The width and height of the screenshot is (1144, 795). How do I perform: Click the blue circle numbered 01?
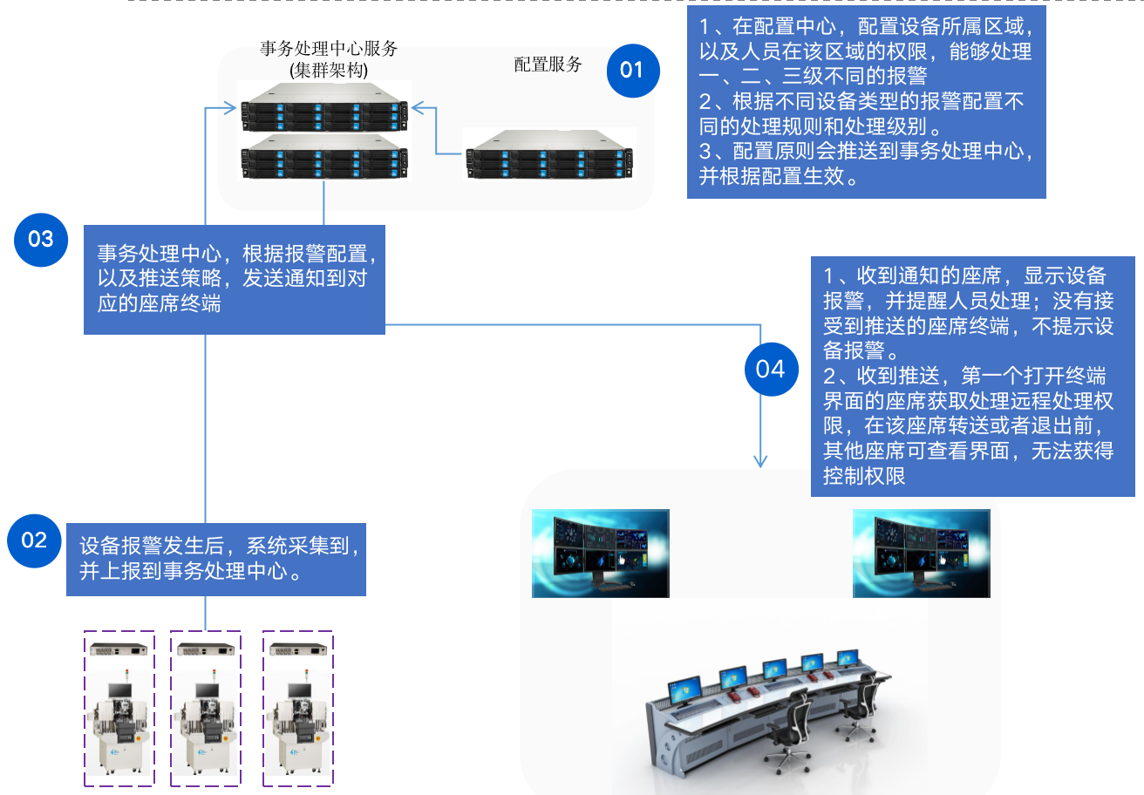tap(631, 69)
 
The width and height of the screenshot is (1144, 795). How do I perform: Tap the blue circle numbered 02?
tap(34, 540)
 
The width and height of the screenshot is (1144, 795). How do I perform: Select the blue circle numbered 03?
tap(41, 239)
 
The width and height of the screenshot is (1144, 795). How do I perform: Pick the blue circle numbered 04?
tap(770, 370)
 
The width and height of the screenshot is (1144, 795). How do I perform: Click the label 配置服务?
tap(548, 65)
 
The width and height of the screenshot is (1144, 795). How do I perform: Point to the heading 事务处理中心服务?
tap(329, 49)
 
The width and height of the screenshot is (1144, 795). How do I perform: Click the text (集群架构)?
tap(329, 70)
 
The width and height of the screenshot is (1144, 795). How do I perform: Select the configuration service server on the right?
tap(548, 153)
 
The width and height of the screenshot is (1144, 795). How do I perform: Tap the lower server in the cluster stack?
tap(323, 157)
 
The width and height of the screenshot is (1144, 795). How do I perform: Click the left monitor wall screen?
tap(601, 554)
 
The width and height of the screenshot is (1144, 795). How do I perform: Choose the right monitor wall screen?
tap(921, 554)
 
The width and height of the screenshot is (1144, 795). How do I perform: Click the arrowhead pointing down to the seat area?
tap(761, 459)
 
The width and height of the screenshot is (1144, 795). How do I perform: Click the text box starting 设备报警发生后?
tap(216, 559)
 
